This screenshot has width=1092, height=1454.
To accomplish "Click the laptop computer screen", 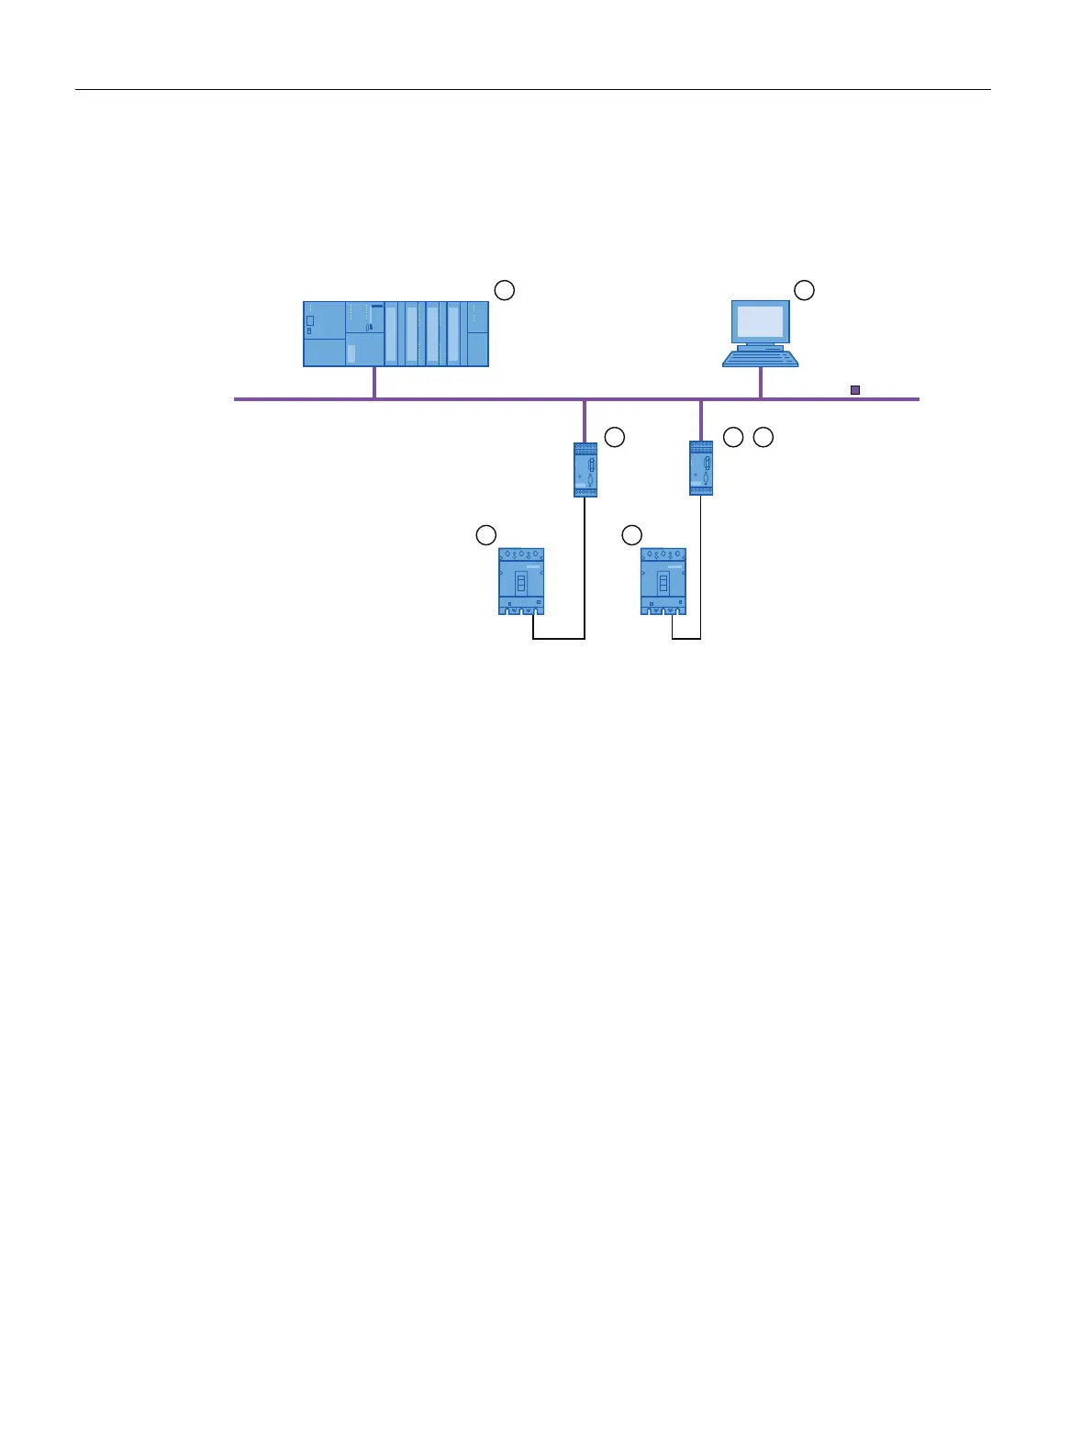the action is [761, 322].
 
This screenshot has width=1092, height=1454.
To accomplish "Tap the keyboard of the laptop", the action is [760, 358].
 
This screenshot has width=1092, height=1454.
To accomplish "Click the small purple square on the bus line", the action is [855, 390].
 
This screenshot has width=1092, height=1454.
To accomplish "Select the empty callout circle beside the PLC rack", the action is [505, 290].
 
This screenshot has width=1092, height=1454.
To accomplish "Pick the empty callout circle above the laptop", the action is [804, 290].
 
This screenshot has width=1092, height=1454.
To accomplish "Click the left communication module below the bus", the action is [585, 469].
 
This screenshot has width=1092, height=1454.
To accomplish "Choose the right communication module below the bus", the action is [701, 469].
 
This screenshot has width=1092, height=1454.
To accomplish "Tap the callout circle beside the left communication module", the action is [615, 437].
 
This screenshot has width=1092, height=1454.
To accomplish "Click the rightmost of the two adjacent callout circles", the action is [763, 437].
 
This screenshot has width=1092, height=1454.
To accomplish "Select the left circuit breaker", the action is [521, 582].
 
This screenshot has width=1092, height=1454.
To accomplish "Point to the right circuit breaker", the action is [663, 582].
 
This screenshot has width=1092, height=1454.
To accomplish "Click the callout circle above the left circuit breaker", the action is [486, 534].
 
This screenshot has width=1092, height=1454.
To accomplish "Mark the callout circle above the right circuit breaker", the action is [631, 534].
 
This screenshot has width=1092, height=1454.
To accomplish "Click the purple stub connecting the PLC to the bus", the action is [374, 383].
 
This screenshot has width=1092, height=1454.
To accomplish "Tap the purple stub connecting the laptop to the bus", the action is [761, 383].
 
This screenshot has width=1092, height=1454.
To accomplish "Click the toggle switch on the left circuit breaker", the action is [521, 584].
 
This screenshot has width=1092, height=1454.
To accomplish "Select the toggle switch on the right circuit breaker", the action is [663, 584].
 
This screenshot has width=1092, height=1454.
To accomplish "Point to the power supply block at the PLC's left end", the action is [324, 334].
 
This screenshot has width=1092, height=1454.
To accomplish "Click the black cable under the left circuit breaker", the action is [559, 638].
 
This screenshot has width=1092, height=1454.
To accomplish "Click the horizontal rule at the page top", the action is [532, 90].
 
